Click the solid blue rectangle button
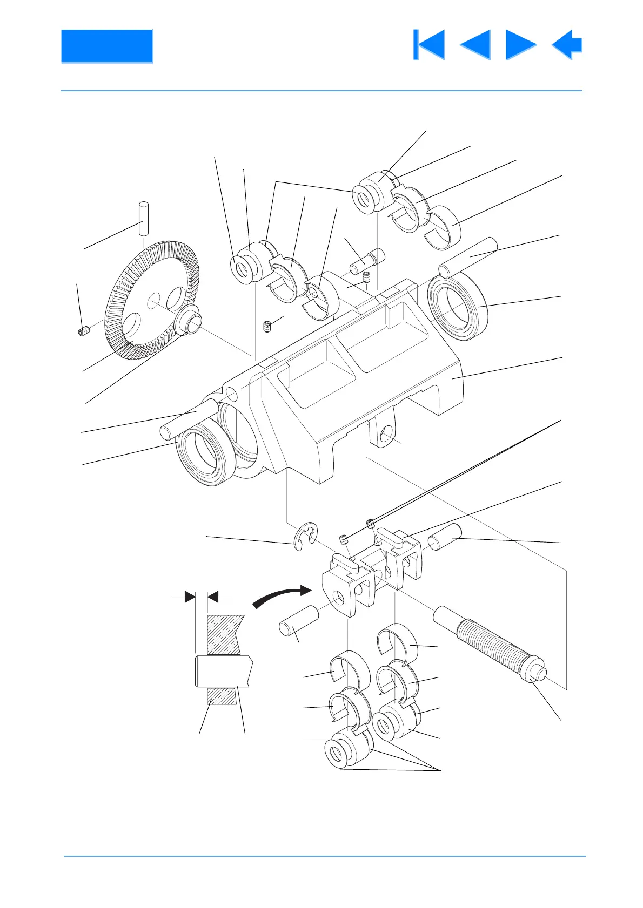pos(107,46)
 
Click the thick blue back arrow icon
pos(567,45)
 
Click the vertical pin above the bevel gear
pos(144,218)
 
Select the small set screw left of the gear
pos(83,331)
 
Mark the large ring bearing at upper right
pos(458,306)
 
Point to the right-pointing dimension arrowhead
pos(190,597)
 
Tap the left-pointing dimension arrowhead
pos(213,597)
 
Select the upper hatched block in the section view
pos(223,635)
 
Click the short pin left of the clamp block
pos(299,622)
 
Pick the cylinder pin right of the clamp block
pos(445,535)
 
